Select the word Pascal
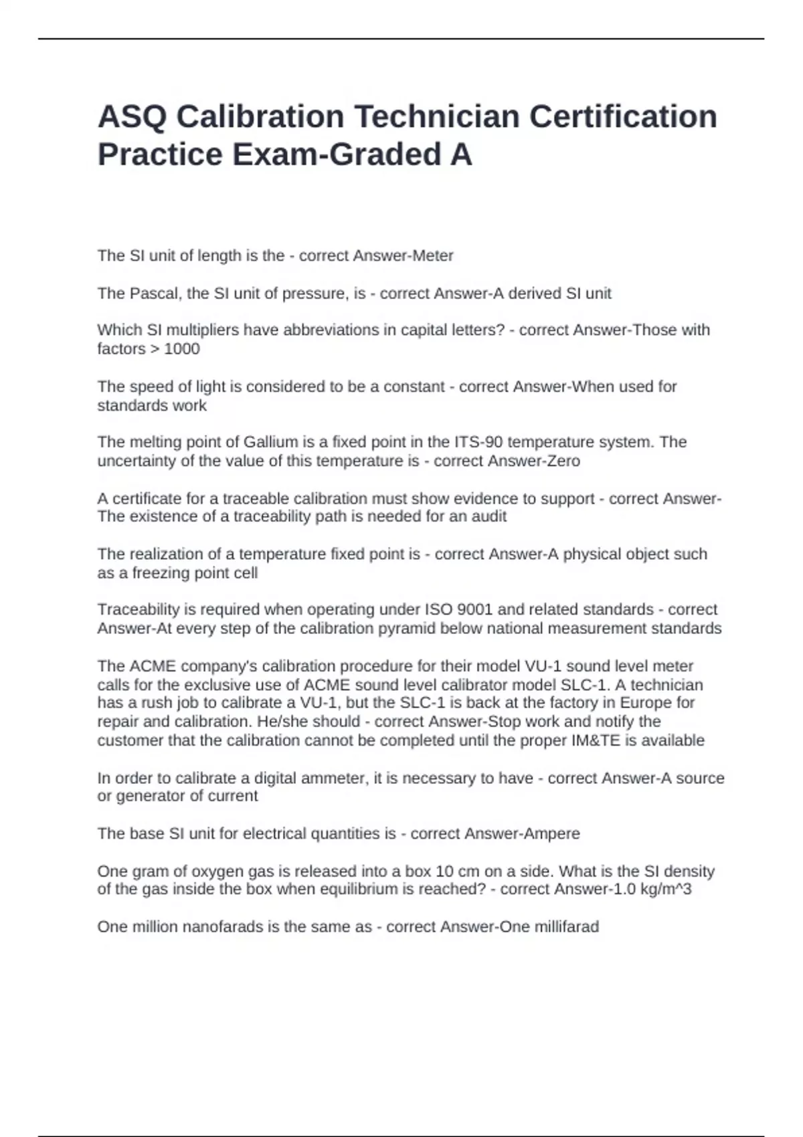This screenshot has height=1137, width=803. (155, 294)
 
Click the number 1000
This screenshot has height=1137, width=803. (182, 349)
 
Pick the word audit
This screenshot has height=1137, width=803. (489, 516)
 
